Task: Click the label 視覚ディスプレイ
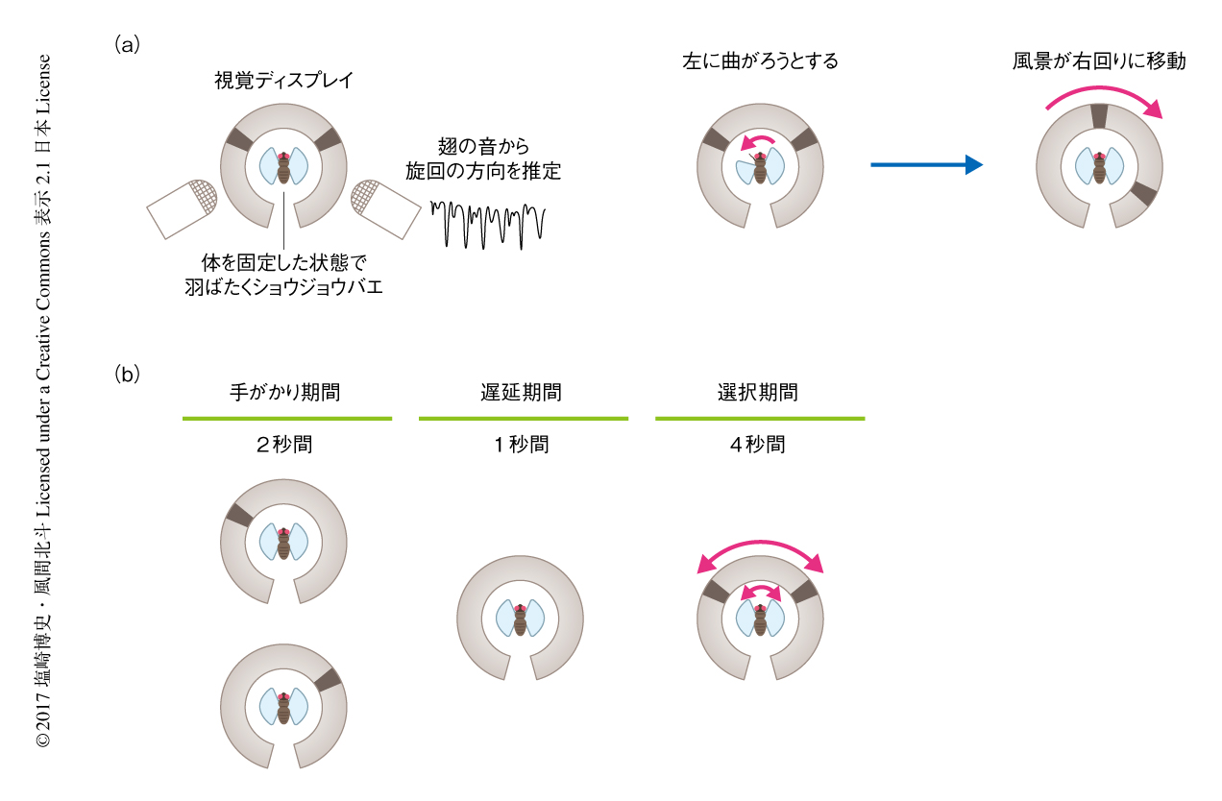pyautogui.click(x=283, y=82)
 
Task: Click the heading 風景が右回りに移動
pyautogui.click(x=1099, y=62)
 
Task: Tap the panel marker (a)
pyautogui.click(x=128, y=43)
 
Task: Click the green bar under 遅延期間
pyautogui.click(x=523, y=419)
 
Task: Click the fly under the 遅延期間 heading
pyautogui.click(x=520, y=619)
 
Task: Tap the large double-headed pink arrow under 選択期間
pyautogui.click(x=760, y=547)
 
